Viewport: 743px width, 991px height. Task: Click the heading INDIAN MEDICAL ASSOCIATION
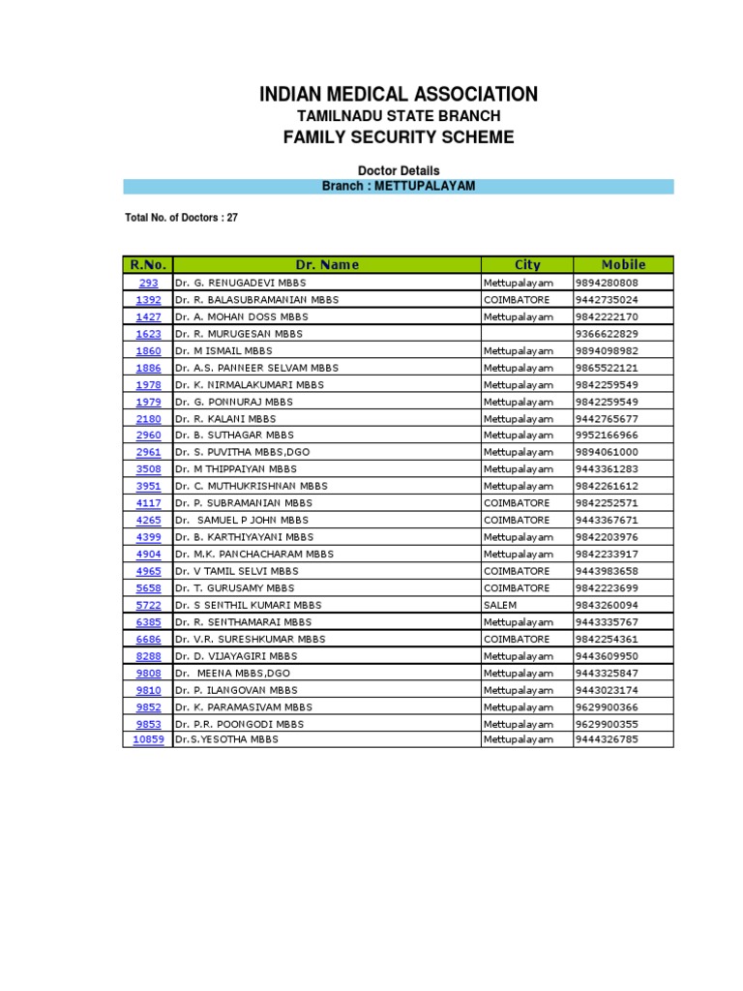coord(398,95)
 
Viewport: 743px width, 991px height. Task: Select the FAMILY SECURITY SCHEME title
coord(398,137)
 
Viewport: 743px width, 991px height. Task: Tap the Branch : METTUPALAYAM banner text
coord(398,186)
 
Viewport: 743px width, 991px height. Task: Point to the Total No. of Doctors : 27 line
coord(182,218)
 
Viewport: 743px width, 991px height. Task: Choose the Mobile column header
coord(623,264)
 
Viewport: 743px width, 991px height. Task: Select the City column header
coord(527,264)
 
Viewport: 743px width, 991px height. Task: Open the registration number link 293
coord(148,283)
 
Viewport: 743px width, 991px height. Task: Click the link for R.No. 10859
coord(148,739)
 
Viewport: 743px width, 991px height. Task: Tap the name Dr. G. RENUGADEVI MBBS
coord(239,283)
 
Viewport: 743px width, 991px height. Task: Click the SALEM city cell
coord(501,605)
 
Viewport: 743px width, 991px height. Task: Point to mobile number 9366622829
coord(607,334)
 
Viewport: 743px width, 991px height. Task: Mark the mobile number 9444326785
coord(607,739)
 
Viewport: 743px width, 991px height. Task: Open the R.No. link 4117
coord(148,503)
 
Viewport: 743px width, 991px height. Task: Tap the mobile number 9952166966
coord(607,435)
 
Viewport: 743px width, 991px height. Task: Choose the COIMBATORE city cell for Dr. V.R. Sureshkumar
coord(517,639)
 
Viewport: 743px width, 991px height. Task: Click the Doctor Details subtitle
coord(398,170)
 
